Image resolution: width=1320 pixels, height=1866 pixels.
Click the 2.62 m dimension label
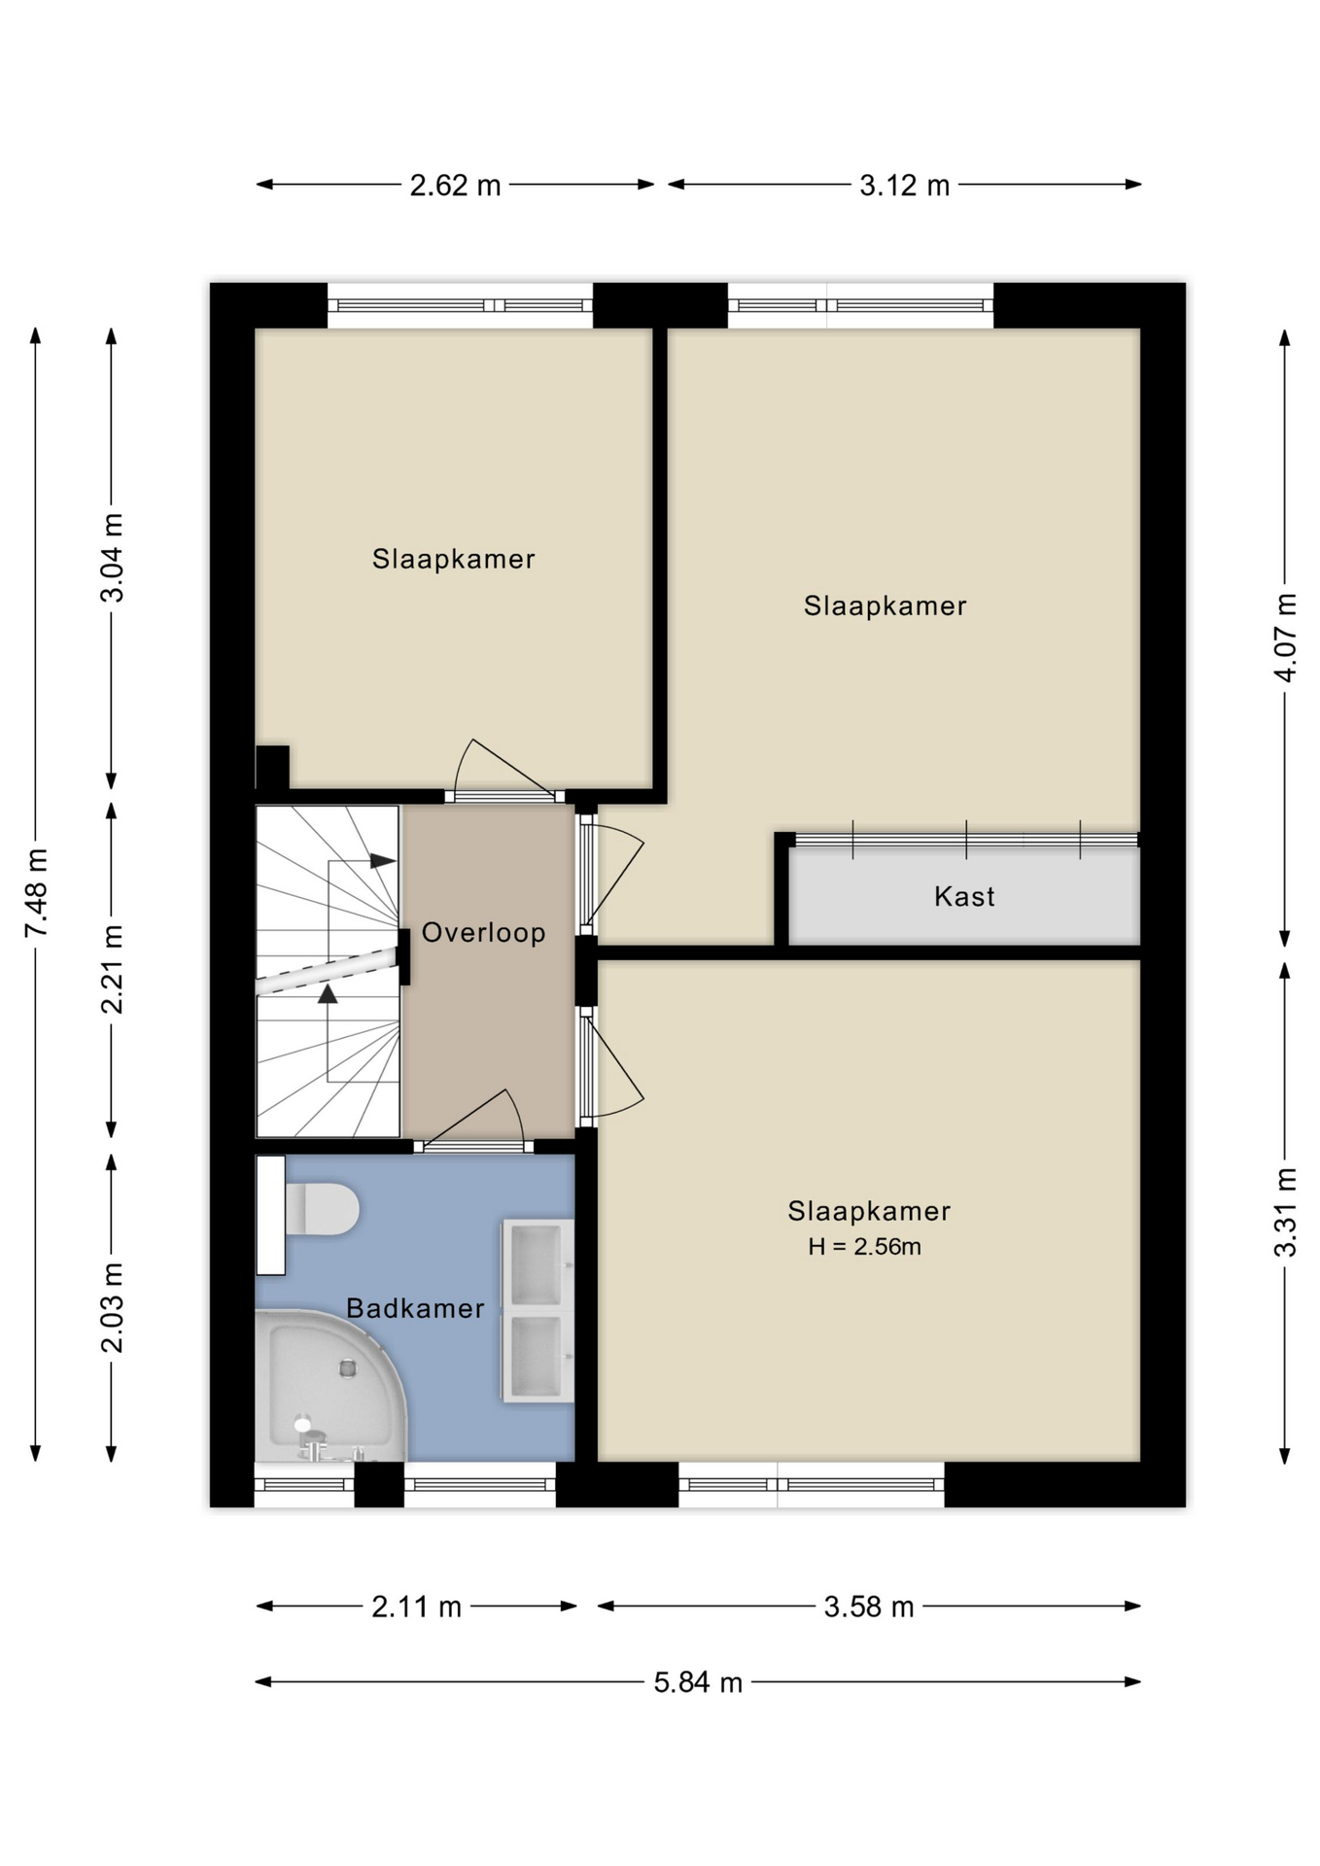455,185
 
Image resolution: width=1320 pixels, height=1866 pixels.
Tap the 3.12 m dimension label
904,185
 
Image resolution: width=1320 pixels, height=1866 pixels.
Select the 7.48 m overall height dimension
36,893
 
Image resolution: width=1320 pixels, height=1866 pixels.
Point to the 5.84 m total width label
698,1682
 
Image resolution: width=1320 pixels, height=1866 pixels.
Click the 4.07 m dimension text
1285,637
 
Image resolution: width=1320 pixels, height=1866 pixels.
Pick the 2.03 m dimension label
113,1307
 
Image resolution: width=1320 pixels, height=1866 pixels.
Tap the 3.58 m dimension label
869,1607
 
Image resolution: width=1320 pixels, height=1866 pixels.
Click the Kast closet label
964,896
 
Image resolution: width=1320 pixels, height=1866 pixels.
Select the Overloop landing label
483,933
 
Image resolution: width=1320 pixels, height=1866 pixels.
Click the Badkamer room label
415,1308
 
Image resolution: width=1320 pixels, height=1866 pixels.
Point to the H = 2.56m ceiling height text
864,1246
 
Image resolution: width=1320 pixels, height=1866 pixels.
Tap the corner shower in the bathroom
330,1385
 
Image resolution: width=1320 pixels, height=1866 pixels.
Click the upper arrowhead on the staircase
382,860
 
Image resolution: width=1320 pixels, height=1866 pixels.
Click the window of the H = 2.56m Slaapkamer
812,1484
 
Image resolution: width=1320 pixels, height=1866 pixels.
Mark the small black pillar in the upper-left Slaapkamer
272,767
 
